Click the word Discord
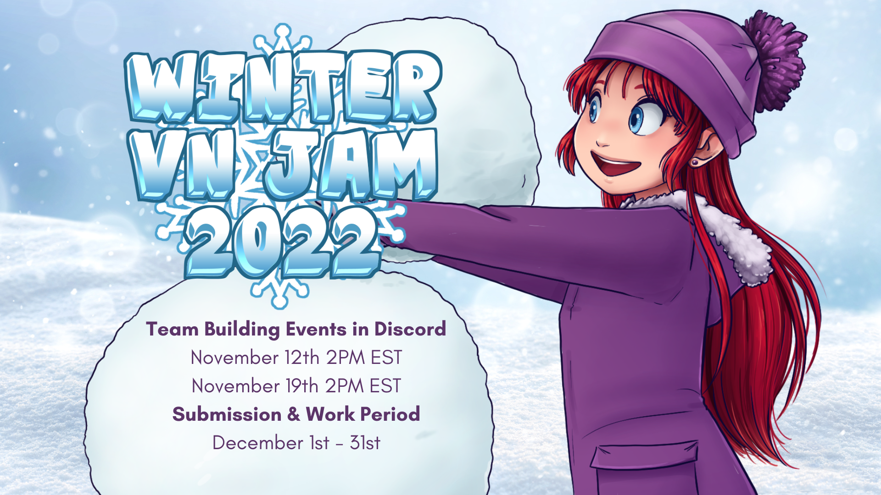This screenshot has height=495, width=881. (x=410, y=329)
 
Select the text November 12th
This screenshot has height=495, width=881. (x=255, y=357)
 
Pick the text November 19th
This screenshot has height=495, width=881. (x=255, y=386)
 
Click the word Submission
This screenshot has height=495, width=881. (x=227, y=414)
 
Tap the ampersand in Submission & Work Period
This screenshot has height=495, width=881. (x=294, y=414)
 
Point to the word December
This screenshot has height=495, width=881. (x=258, y=443)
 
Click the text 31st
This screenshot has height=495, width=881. (x=365, y=443)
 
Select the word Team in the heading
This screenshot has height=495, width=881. (x=172, y=329)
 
